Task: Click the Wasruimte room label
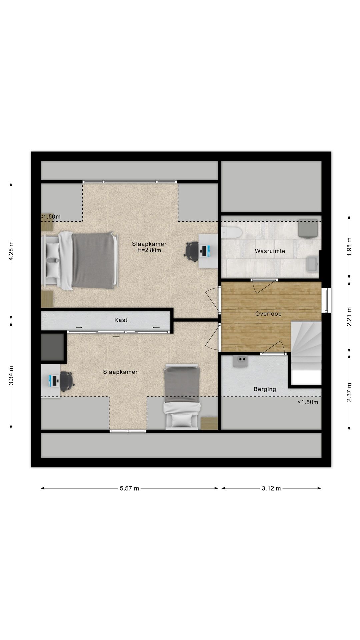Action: click(270, 251)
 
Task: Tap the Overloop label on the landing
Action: click(268, 314)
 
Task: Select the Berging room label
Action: click(265, 389)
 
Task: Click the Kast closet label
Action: click(121, 320)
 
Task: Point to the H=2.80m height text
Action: click(149, 250)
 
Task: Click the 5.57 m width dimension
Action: click(129, 488)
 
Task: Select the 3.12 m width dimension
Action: click(271, 488)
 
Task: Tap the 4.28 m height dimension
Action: click(11, 250)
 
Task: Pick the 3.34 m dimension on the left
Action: click(11, 375)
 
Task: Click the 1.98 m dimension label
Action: click(349, 247)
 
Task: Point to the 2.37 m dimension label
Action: click(349, 392)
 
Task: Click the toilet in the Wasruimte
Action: click(231, 232)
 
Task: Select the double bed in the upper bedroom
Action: click(80, 260)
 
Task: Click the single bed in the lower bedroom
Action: click(182, 396)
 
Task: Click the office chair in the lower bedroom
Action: click(67, 381)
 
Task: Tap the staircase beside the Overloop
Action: click(306, 353)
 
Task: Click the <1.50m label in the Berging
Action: click(308, 402)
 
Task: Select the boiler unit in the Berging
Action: click(240, 361)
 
